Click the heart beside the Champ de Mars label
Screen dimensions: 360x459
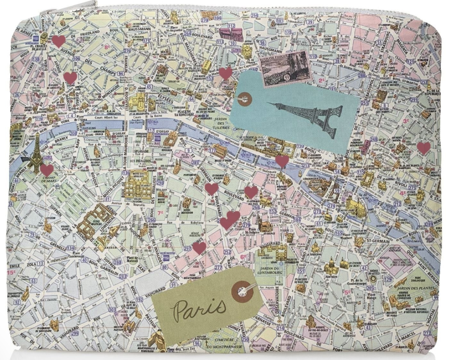47,170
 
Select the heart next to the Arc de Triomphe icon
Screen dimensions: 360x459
58,41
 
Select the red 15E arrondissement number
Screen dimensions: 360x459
11,273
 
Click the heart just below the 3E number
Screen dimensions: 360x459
423,148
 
